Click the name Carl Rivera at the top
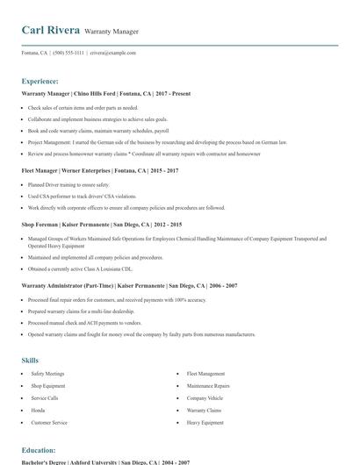(50, 30)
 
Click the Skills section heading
(30, 360)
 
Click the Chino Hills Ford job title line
(105, 93)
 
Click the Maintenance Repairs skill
(208, 386)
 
